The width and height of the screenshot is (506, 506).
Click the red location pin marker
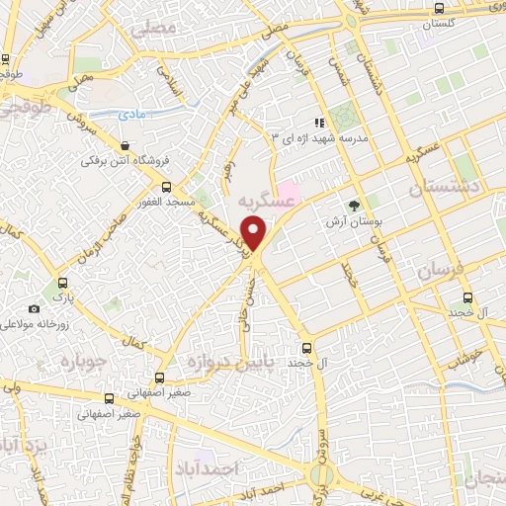255,234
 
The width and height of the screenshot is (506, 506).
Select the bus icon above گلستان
439,8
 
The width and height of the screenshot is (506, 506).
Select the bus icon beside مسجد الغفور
165,187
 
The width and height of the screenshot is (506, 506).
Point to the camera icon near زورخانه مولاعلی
35,309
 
